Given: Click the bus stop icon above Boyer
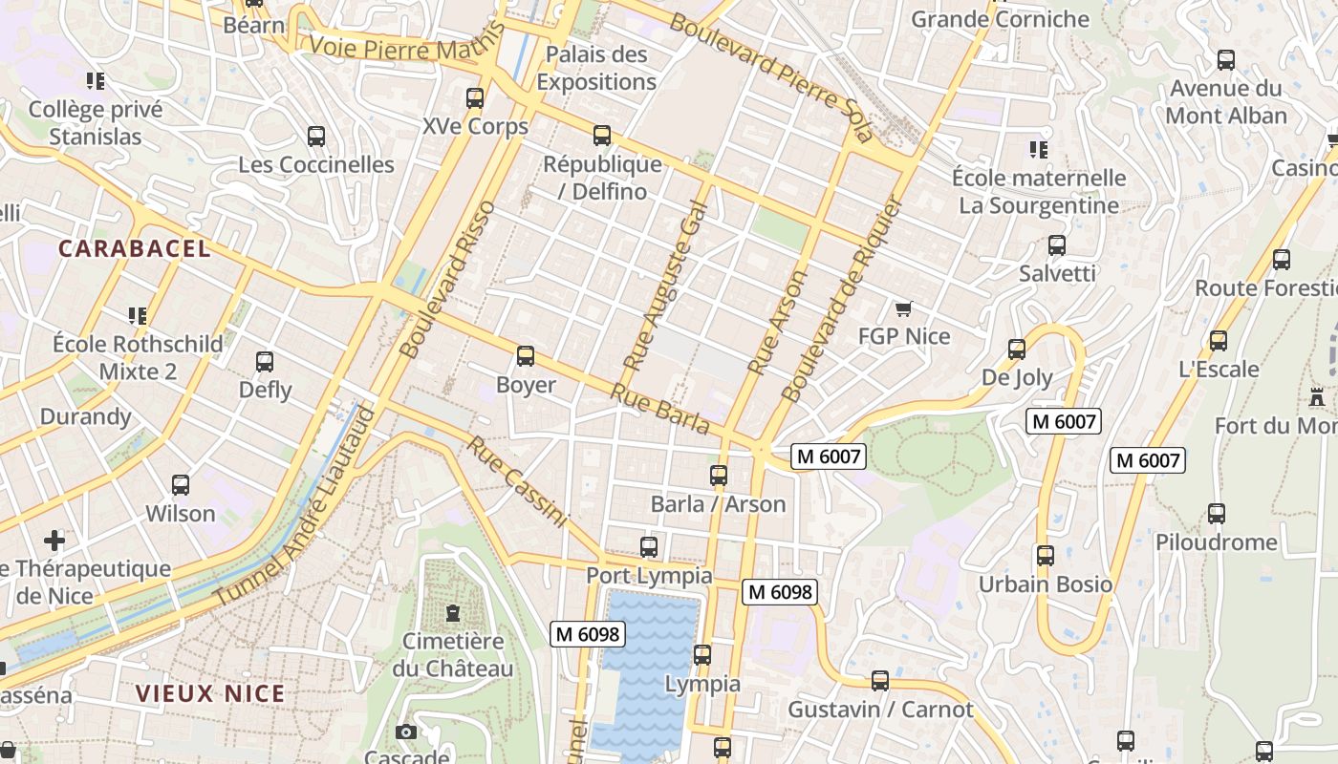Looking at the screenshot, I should point(525,356).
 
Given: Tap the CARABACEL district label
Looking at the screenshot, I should point(134,248).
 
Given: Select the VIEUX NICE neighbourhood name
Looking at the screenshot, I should point(210,693).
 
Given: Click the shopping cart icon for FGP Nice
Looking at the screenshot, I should point(903,308).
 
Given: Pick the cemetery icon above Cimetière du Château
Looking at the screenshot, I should point(452,612).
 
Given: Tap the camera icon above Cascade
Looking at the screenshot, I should point(406,732).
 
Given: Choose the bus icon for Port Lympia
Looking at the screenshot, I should point(649,547).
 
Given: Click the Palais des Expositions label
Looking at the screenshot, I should point(596,68).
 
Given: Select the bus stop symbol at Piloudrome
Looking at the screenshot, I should point(1216,514).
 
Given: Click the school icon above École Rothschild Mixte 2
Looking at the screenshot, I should point(138,315).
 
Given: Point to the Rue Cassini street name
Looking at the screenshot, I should point(517,482).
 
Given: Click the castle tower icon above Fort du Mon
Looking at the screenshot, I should point(1317,396).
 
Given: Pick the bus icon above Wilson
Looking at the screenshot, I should point(181,485).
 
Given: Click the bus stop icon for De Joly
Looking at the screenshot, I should point(1017,350).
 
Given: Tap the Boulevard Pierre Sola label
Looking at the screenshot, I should point(770,77).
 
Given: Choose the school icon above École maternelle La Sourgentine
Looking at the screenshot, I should point(1038,149).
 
